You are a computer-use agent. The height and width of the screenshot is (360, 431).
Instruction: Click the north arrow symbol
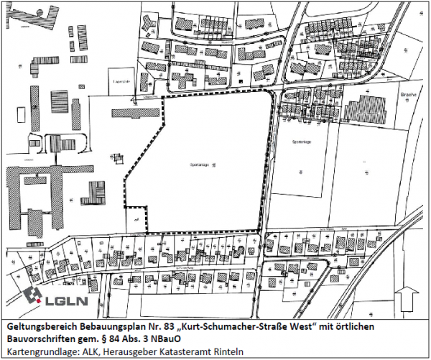(409, 296)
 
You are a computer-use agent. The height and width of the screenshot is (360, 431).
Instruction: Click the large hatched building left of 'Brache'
(366, 109)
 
